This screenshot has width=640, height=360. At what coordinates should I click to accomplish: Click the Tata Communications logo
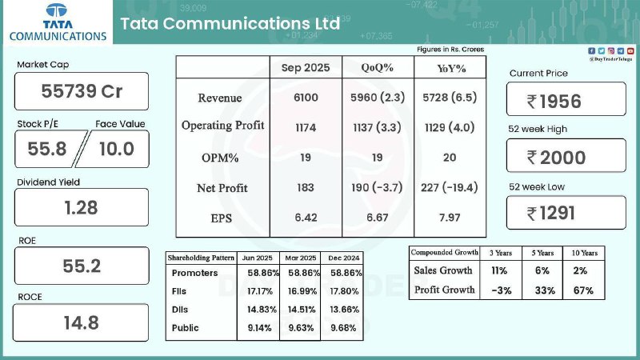(57, 23)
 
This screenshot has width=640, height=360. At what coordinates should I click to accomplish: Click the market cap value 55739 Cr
(82, 91)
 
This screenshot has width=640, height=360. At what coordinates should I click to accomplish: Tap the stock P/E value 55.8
(46, 149)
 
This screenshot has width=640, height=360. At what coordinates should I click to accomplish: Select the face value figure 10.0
(115, 149)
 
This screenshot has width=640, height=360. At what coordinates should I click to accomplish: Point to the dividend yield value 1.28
(82, 208)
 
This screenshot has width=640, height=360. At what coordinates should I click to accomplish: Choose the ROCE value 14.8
(82, 324)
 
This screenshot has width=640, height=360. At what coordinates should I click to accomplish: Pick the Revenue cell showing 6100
(305, 98)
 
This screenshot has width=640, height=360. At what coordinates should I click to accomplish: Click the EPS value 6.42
(305, 217)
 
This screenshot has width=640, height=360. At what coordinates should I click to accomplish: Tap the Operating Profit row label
(222, 126)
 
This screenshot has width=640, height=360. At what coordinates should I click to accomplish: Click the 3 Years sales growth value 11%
(500, 270)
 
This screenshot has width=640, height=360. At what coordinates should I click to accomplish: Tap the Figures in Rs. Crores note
(450, 50)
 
